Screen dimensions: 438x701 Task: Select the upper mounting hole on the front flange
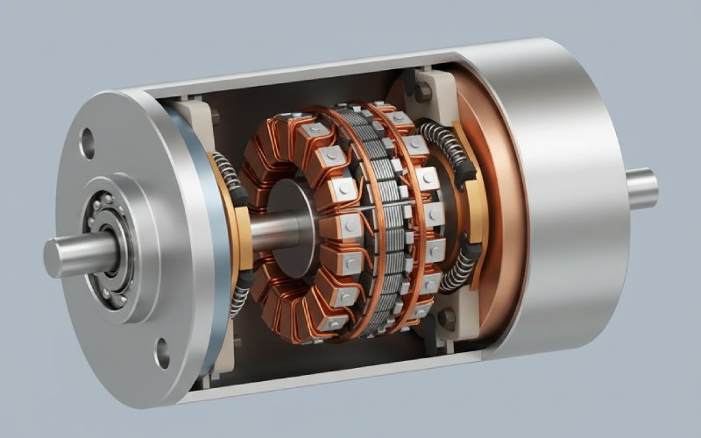87,138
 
